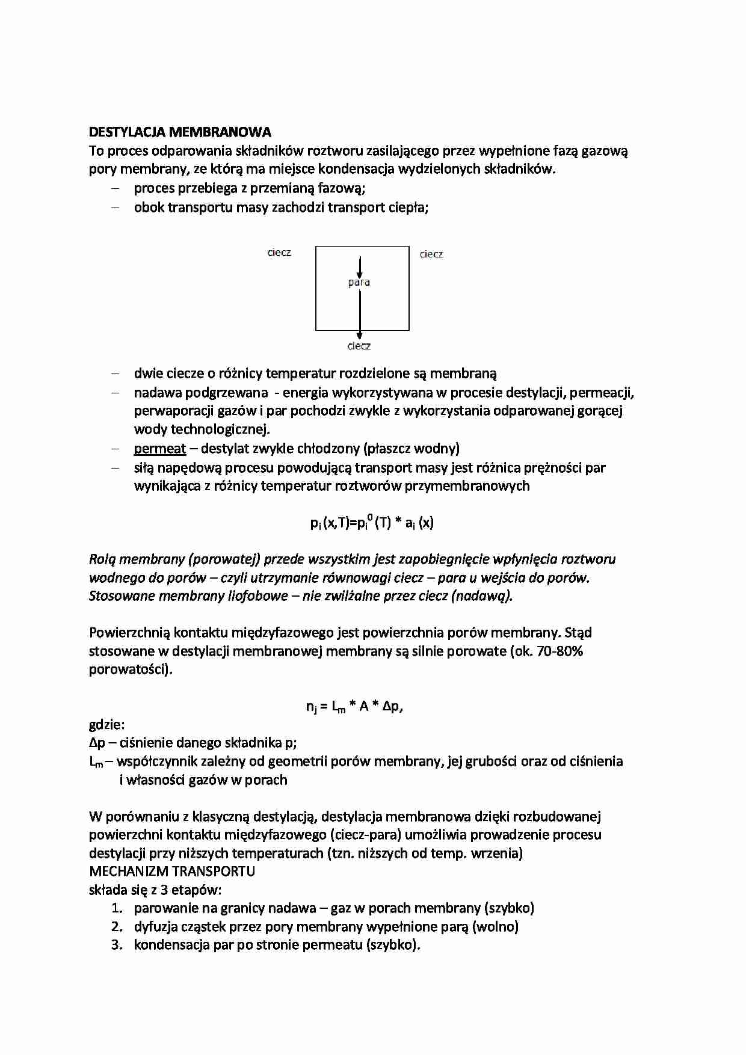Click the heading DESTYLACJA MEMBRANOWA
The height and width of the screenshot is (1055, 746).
pos(180,132)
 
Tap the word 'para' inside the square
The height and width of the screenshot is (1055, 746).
pos(359,282)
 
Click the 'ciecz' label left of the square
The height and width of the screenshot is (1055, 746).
pos(279,253)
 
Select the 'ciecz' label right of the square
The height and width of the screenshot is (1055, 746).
pos(431,254)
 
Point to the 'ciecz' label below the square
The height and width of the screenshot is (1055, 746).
pos(359,346)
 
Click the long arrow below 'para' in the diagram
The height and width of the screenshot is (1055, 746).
pos(360,313)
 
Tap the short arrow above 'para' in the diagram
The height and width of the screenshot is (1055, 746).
pos(360,266)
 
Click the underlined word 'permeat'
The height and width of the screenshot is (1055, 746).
pos(159,449)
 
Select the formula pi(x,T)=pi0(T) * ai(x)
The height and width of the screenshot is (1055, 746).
pos(372,522)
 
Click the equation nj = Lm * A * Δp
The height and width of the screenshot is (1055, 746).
pos(354,706)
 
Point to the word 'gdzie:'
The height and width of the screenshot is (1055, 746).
pos(106,724)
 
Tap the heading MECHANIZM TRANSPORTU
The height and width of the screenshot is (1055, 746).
pos(172,871)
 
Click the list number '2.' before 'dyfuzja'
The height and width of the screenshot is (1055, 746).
pos(117,926)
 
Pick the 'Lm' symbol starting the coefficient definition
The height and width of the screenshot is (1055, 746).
pos(96,762)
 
